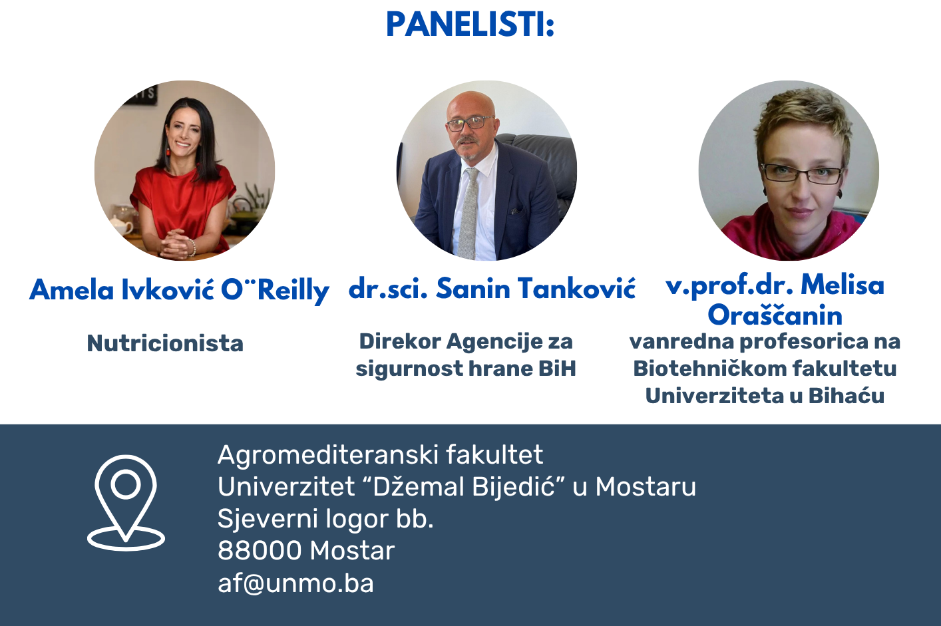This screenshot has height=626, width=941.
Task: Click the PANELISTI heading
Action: (470, 25)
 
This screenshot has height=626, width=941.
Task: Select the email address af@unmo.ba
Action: (295, 583)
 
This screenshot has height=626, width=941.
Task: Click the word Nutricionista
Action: (165, 343)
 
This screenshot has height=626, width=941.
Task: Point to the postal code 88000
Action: (260, 550)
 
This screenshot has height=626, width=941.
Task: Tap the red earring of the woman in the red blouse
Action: (168, 151)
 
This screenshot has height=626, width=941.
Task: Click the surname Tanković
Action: (577, 289)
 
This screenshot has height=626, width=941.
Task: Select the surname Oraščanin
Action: (775, 315)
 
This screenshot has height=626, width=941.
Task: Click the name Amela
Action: (72, 289)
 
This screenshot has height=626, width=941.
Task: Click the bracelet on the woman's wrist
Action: (192, 247)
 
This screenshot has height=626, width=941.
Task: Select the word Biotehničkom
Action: (709, 368)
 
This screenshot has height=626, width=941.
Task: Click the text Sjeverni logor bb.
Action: (325, 519)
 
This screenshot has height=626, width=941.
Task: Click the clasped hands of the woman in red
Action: (175, 243)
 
